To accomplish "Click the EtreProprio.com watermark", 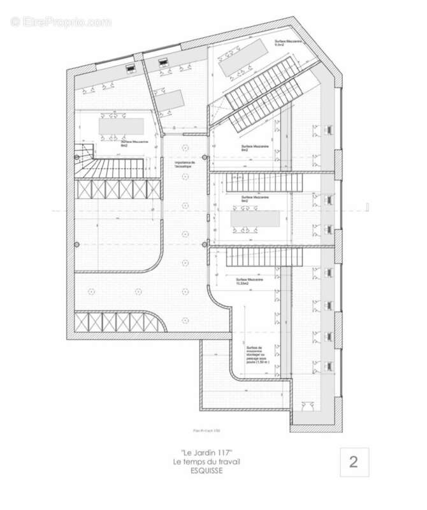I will tap(61, 22).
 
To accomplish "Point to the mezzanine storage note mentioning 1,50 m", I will tap(259, 354).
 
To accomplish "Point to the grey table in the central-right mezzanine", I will tap(255, 219).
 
